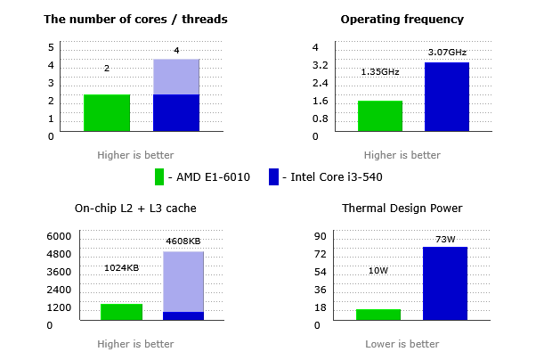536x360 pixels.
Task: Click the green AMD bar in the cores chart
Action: click(x=107, y=113)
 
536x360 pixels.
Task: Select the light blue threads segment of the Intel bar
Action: click(x=176, y=77)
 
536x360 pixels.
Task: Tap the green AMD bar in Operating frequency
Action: click(x=380, y=116)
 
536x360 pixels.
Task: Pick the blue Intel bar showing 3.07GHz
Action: click(x=447, y=97)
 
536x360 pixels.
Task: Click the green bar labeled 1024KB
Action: click(x=121, y=312)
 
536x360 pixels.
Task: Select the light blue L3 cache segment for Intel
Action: click(x=183, y=282)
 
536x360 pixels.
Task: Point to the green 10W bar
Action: click(x=378, y=315)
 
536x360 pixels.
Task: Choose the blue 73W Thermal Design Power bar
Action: click(x=445, y=283)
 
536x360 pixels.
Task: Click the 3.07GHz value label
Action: click(x=447, y=53)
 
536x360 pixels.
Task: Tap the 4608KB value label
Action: click(x=183, y=241)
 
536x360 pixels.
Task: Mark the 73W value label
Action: click(x=445, y=238)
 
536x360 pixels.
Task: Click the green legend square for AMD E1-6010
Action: click(x=159, y=176)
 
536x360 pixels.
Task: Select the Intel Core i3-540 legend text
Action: click(x=337, y=176)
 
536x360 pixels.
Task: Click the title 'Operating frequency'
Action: click(x=402, y=19)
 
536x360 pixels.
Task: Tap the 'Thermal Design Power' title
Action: click(x=402, y=209)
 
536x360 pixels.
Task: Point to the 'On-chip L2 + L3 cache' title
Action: click(x=135, y=209)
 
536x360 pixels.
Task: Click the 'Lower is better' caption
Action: click(x=402, y=344)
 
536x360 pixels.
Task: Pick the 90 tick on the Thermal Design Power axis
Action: click(x=321, y=236)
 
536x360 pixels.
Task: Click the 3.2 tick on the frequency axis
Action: click(x=321, y=65)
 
